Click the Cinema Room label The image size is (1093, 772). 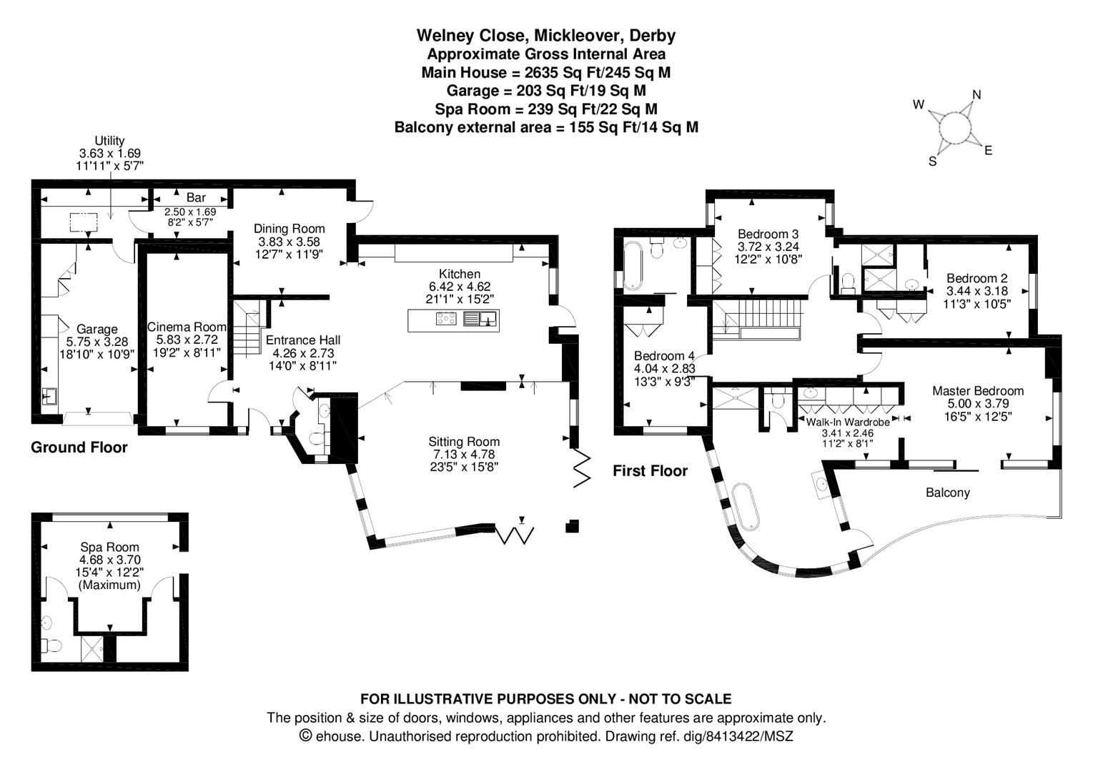point(187,327)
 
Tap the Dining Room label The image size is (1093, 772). point(289,229)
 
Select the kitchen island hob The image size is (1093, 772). point(447,319)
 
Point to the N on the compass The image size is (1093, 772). point(976,94)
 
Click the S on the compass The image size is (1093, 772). point(932,162)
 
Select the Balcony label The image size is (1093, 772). point(948,493)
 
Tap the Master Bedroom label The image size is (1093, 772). point(978,391)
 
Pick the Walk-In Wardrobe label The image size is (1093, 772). point(848,422)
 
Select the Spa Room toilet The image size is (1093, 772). point(50,645)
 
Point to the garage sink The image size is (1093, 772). point(49,396)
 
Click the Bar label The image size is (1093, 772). point(196,197)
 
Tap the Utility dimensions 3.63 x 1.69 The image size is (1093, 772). point(110,153)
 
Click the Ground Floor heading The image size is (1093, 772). point(79,447)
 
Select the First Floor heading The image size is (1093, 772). point(650,471)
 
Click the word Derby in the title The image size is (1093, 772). point(653,36)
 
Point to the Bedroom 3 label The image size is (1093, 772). point(768,234)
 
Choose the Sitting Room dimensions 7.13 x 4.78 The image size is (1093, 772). point(463,455)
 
